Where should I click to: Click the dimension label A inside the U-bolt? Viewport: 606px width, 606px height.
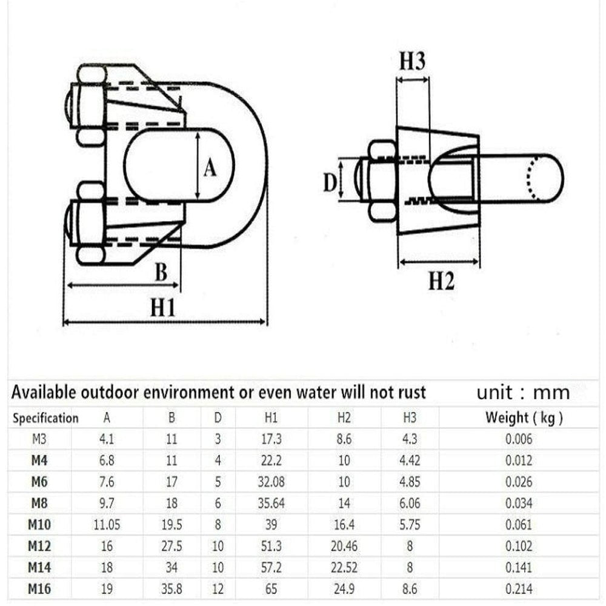pos(209,167)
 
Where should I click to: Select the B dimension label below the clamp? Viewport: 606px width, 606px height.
pos(160,273)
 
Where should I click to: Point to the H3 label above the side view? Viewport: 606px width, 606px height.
pos(412,62)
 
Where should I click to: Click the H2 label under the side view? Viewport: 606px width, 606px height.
pos(441,281)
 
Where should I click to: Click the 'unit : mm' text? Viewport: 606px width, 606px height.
pos(523,392)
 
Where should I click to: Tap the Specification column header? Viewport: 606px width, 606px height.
pos(45,418)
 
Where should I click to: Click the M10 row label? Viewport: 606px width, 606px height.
pos(39,525)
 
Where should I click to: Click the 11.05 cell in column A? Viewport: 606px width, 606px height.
pos(106,525)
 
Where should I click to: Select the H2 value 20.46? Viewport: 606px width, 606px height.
pos(344,546)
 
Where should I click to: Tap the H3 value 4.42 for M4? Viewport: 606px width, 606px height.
pos(409,461)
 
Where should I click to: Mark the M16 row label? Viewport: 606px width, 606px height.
pos(39,588)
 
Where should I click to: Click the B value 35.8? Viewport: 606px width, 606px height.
pos(171,588)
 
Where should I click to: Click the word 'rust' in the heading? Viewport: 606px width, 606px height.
pos(408,392)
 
